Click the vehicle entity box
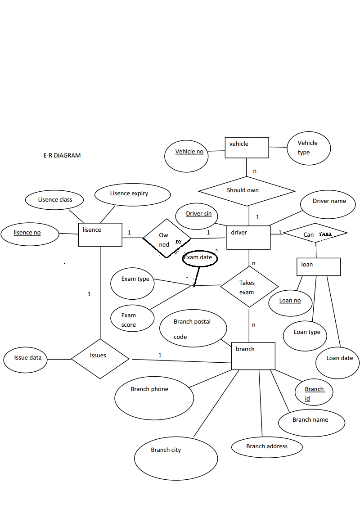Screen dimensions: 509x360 point(247,148)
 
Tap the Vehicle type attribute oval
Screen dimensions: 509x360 point(308,148)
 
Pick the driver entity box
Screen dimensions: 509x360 point(248,237)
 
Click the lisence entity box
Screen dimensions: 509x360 point(100,234)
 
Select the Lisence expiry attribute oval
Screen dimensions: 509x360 point(133,195)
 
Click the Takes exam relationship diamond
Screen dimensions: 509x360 point(249,287)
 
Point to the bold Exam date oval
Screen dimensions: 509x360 point(199,258)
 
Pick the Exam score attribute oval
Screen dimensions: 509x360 point(129,319)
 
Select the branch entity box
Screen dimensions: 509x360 point(253,356)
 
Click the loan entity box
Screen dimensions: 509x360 point(318,266)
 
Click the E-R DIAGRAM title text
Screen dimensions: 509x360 point(62,156)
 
